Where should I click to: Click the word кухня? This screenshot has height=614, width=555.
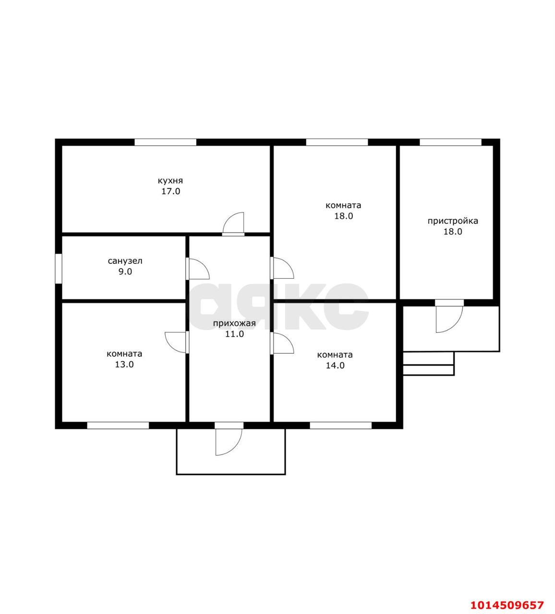point(170,181)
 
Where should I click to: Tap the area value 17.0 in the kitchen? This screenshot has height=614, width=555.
point(171,191)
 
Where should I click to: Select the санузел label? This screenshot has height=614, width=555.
point(125,261)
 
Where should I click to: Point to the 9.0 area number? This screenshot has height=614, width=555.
point(125,272)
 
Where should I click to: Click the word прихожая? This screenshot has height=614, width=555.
point(234,323)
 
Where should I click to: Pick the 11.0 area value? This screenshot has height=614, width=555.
point(234,334)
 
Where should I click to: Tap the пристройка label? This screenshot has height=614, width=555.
point(453,221)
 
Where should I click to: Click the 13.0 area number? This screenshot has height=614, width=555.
point(124,364)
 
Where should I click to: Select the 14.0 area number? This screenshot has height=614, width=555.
point(335,365)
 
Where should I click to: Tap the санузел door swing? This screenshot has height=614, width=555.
point(204,264)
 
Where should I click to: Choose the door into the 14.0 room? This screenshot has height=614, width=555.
point(288,338)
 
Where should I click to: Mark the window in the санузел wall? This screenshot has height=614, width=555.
point(58,269)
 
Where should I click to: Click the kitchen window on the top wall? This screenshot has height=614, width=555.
point(166,142)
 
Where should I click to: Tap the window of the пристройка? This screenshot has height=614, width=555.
point(450,142)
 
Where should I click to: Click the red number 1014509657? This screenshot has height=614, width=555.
point(507,605)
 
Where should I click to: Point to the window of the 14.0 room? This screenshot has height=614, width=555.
point(341,425)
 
